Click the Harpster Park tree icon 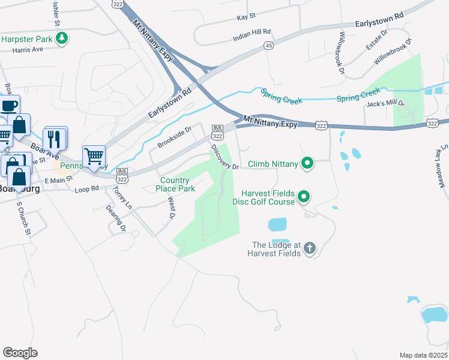(x=61, y=39)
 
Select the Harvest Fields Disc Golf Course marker (x=304, y=197)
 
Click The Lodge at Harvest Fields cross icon (x=309, y=248)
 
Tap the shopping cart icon (x=94, y=157)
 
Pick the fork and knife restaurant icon (x=55, y=139)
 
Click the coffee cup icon (x=9, y=106)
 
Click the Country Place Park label (x=178, y=184)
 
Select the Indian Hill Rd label (x=252, y=35)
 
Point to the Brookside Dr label (x=174, y=137)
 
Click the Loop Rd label (x=86, y=189)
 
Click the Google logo (x=20, y=353)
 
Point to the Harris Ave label (x=16, y=50)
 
